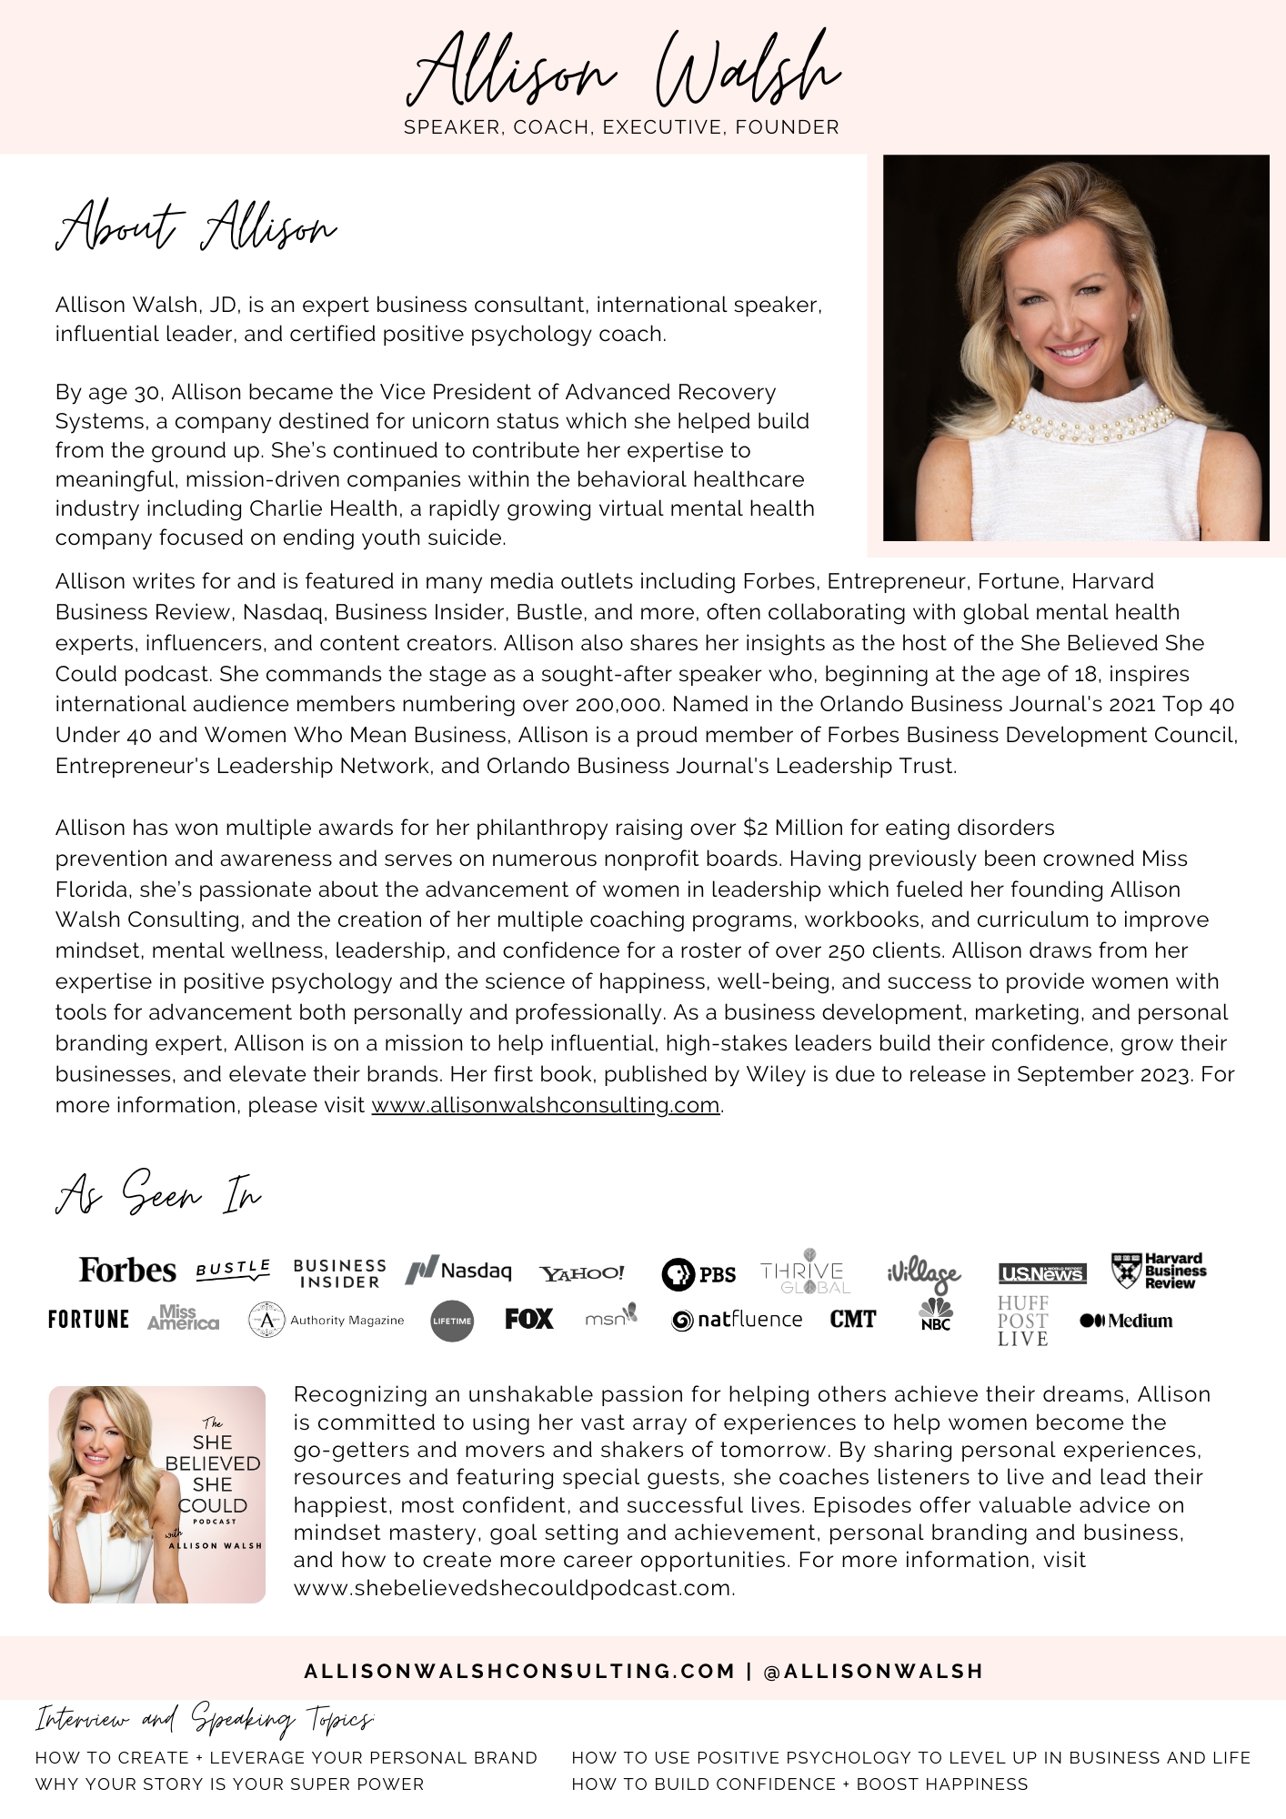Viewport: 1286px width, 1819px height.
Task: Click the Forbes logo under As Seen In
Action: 127,1270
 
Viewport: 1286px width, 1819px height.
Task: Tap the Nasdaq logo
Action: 458,1271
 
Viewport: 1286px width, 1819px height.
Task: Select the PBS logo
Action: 698,1274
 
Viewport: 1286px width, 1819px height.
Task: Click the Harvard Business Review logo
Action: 1159,1271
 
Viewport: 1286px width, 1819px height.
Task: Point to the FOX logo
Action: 529,1319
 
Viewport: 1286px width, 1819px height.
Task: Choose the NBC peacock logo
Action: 935,1314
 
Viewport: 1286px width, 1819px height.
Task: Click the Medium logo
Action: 1126,1321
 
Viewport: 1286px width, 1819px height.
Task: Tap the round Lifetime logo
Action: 452,1321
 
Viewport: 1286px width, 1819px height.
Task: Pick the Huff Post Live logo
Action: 1023,1321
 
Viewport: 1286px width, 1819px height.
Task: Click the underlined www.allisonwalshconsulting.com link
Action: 546,1105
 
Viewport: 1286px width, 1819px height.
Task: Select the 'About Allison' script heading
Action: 196,225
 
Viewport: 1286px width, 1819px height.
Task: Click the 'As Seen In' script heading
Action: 158,1193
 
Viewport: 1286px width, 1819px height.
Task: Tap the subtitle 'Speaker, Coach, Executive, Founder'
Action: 621,127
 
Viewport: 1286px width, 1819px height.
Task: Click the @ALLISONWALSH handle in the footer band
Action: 874,1671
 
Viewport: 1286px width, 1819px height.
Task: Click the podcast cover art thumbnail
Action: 157,1494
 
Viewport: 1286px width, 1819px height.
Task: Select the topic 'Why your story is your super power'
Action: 229,1784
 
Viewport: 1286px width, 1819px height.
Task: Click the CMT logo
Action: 852,1319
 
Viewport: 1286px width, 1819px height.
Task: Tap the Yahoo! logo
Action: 582,1273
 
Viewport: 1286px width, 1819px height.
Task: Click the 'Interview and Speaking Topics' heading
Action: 205,1719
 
